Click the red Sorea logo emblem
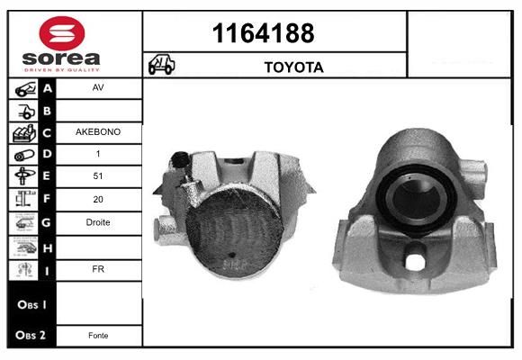click(62, 33)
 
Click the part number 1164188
click(264, 33)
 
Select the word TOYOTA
click(294, 67)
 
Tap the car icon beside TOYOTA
click(161, 64)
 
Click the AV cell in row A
click(98, 87)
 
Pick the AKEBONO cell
click(98, 132)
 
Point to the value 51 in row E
click(98, 175)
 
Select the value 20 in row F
click(98, 199)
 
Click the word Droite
click(98, 222)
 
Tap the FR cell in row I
click(98, 269)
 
